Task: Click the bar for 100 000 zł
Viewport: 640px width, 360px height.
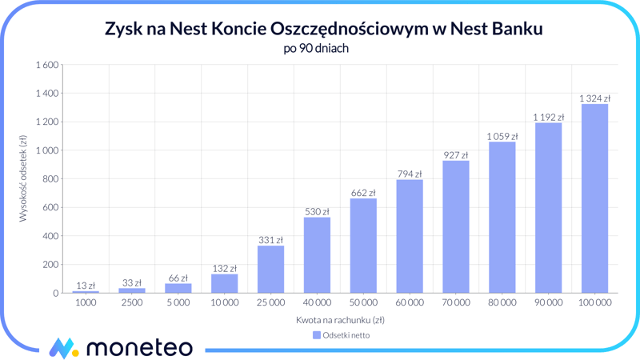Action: click(x=594, y=198)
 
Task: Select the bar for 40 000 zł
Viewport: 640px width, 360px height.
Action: click(x=317, y=255)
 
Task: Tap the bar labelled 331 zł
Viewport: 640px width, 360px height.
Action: click(x=270, y=269)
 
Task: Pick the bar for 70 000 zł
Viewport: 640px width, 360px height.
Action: click(x=456, y=227)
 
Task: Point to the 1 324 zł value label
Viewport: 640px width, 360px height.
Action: click(x=594, y=98)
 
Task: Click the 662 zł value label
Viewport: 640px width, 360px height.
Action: click(x=363, y=193)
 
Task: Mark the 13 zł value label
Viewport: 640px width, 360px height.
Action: click(x=86, y=286)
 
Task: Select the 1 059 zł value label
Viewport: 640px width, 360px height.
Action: click(x=502, y=136)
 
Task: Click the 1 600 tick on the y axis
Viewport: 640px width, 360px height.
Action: click(x=47, y=65)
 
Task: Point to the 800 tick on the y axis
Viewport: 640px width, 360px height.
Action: click(x=51, y=179)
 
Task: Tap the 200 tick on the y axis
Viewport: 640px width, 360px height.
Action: click(x=51, y=265)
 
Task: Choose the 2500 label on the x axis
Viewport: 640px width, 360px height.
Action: click(x=132, y=303)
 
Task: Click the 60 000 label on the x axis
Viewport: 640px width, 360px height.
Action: click(x=410, y=303)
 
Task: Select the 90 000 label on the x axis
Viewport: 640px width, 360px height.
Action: click(x=548, y=303)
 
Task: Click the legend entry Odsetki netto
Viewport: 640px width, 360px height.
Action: click(x=342, y=335)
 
